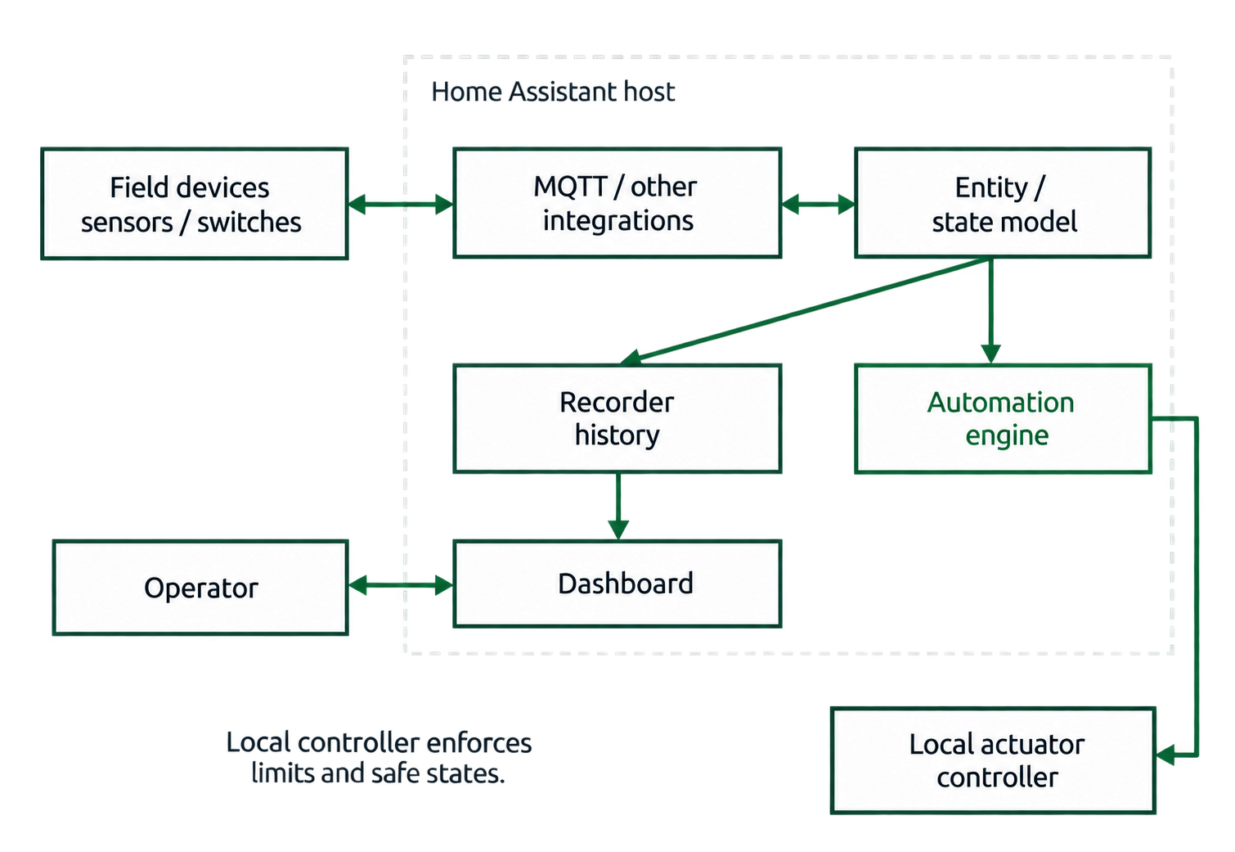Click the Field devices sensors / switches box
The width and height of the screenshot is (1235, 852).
pyautogui.click(x=195, y=203)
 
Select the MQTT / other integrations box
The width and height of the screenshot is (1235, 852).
pyautogui.click(x=617, y=202)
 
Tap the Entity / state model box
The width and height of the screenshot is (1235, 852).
pyautogui.click(x=1003, y=202)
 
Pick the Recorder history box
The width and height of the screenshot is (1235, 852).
pyautogui.click(x=617, y=418)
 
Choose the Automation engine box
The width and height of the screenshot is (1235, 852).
pyautogui.click(x=1003, y=418)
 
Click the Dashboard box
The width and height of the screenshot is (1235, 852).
pyautogui.click(x=617, y=584)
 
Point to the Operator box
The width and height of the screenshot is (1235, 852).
pyautogui.click(x=200, y=587)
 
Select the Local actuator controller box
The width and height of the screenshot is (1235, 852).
pyautogui.click(x=993, y=760)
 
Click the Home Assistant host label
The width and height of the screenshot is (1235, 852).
pyautogui.click(x=553, y=92)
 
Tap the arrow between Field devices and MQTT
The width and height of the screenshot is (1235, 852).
pyautogui.click(x=401, y=204)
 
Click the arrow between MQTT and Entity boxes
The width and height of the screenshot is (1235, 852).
pyautogui.click(x=818, y=204)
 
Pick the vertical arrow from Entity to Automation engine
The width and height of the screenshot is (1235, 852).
pyautogui.click(x=990, y=311)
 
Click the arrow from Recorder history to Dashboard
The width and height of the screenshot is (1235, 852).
pyautogui.click(x=618, y=506)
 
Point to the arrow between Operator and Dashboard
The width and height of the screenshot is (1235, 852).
pyautogui.click(x=401, y=585)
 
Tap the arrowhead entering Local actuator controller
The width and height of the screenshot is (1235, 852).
pyautogui.click(x=1165, y=755)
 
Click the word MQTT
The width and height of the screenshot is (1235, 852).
pyautogui.click(x=570, y=187)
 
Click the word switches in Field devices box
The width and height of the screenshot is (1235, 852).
pyautogui.click(x=249, y=223)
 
